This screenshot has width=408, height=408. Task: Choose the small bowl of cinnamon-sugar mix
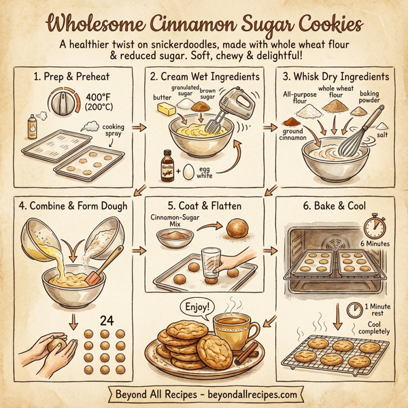(x=173, y=237)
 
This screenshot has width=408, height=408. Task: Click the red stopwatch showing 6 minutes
(x=375, y=226)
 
